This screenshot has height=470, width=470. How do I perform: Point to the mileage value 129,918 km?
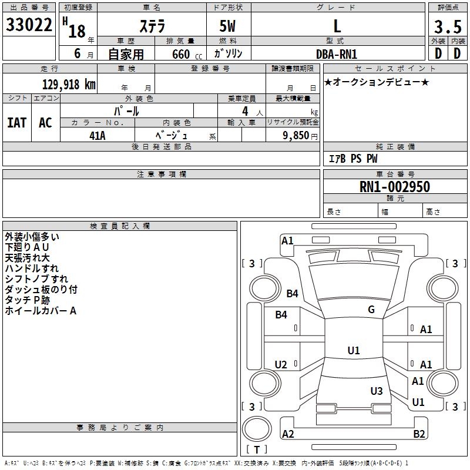(69, 84)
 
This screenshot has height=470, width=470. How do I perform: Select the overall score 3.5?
(446, 27)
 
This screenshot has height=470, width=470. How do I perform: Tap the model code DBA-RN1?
(337, 53)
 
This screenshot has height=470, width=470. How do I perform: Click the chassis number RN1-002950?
(395, 187)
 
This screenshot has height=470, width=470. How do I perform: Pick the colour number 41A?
(97, 136)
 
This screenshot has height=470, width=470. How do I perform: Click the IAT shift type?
(17, 122)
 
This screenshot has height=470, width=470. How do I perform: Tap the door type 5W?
(227, 26)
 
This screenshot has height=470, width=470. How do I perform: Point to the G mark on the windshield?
(371, 310)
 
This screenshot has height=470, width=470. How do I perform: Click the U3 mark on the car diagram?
(377, 391)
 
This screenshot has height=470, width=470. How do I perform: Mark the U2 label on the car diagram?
(281, 365)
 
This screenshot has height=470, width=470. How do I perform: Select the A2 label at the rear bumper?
(288, 434)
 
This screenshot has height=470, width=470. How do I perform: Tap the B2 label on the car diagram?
(419, 434)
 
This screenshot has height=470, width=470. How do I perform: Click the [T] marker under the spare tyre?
(256, 449)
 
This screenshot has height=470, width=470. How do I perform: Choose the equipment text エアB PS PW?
(352, 159)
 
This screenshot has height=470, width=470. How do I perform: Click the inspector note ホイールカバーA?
(41, 311)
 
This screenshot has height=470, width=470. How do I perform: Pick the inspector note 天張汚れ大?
(28, 258)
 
